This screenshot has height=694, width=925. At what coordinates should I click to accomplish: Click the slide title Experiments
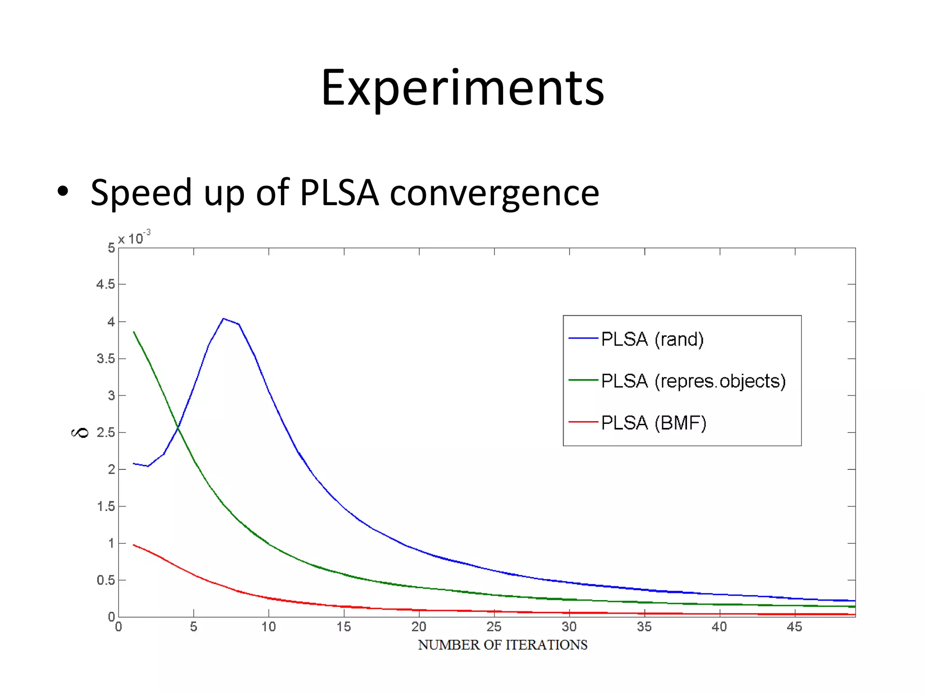(462, 88)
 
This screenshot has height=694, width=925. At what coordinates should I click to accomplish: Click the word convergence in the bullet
(494, 193)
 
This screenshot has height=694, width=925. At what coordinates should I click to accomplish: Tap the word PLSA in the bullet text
(339, 193)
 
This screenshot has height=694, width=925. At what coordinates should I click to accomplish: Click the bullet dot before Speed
(63, 192)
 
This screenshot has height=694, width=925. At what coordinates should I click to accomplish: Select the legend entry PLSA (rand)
(652, 339)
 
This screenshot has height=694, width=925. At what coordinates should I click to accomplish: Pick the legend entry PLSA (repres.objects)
(693, 381)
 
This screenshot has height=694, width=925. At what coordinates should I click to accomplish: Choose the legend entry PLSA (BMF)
(654, 423)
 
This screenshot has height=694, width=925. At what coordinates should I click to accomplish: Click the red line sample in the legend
(583, 422)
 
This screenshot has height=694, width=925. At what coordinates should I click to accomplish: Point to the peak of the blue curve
(224, 319)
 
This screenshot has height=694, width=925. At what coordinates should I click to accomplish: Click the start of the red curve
(134, 545)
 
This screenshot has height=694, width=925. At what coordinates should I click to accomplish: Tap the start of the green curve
(134, 332)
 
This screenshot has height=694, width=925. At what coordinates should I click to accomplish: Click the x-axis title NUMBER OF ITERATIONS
(502, 645)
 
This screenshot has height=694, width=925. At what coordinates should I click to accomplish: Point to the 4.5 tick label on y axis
(105, 285)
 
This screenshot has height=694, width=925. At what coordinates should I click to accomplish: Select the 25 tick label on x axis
(494, 627)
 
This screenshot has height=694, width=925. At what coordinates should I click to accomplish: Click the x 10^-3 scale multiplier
(134, 238)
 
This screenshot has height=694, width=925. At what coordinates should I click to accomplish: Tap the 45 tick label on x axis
(794, 627)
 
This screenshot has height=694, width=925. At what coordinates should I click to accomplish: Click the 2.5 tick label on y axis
(105, 432)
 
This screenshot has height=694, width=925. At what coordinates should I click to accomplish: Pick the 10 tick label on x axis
(269, 627)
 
